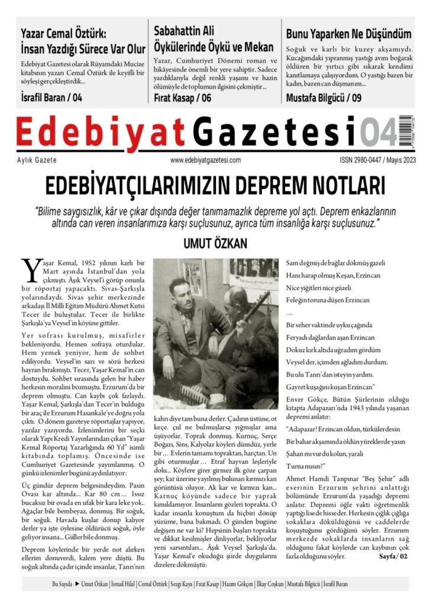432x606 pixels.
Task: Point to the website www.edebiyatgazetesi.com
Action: [205, 160]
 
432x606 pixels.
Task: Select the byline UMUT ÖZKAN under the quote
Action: [215, 244]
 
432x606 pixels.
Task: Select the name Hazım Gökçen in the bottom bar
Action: [237, 584]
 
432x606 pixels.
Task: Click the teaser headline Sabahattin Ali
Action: [184, 30]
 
